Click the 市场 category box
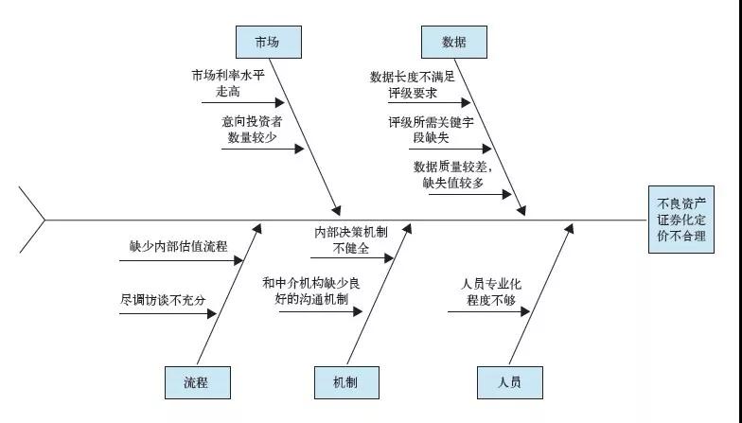266,42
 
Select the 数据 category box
453,42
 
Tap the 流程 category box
196,382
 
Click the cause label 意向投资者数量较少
252,130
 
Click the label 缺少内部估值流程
179,246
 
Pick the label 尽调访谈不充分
163,299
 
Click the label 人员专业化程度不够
489,291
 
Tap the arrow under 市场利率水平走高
240,102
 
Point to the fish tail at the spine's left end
34,220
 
